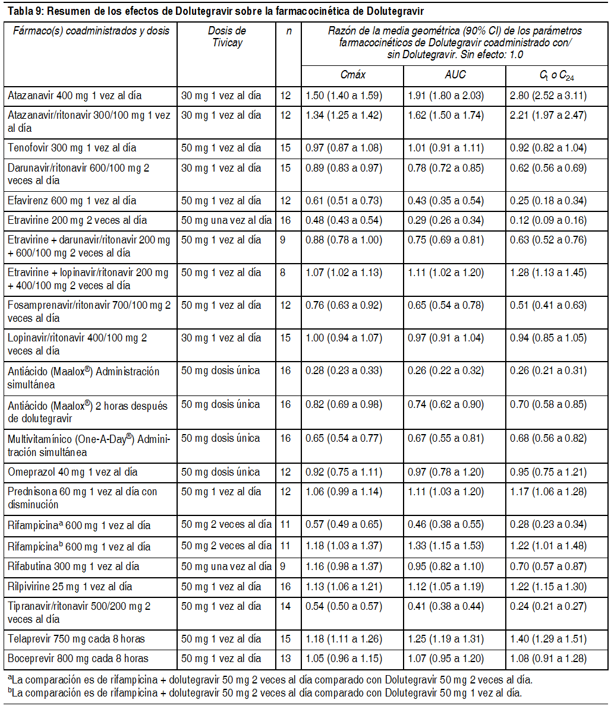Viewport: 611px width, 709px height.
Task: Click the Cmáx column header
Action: pyautogui.click(x=352, y=75)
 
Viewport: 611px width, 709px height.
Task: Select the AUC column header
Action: pyautogui.click(x=455, y=75)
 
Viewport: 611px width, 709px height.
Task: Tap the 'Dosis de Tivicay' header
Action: pyautogui.click(x=227, y=37)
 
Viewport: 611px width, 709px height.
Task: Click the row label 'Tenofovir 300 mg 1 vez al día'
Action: pyautogui.click(x=72, y=148)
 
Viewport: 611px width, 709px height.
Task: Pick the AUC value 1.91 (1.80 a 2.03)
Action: pyautogui.click(x=446, y=96)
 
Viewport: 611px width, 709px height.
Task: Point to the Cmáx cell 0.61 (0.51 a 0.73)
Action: pyautogui.click(x=344, y=201)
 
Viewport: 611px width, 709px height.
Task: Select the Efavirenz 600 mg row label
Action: pyautogui.click(x=72, y=201)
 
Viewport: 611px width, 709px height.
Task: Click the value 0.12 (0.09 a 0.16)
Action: pyautogui.click(x=548, y=220)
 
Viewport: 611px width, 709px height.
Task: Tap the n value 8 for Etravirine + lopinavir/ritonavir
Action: pyautogui.click(x=283, y=273)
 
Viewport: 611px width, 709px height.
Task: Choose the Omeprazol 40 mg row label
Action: pyautogui.click(x=73, y=472)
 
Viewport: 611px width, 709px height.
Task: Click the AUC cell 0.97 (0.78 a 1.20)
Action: pyautogui.click(x=446, y=472)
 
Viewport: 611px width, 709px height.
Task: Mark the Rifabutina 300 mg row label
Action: pyautogui.click(x=74, y=566)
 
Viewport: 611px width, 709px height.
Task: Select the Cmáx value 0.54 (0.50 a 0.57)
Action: pyautogui.click(x=344, y=606)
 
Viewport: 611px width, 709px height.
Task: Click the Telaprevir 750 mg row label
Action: pyautogui.click(x=77, y=639)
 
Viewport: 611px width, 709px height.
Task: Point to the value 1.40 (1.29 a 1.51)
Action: pyautogui.click(x=548, y=639)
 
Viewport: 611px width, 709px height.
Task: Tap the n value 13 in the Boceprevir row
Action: pyautogui.click(x=285, y=659)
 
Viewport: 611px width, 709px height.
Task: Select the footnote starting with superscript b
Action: pyautogui.click(x=264, y=692)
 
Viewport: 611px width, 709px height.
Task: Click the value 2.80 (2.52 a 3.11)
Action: pyautogui.click(x=548, y=96)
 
